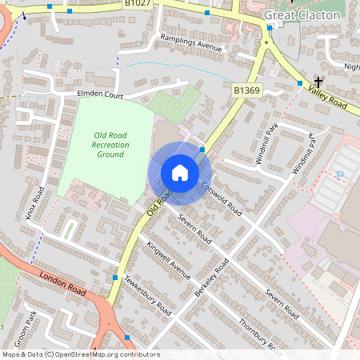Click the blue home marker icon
coord(180,173)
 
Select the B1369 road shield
coord(247,91)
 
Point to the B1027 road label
coord(138,4)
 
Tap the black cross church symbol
coord(318,82)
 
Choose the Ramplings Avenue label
coord(190,47)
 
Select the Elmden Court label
coord(100,95)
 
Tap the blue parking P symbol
coord(340,174)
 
